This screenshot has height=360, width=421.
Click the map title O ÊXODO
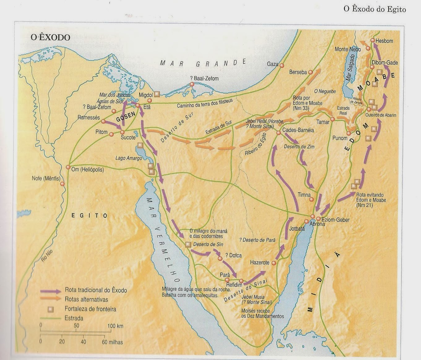pos(50,37)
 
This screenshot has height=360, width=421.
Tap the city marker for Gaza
pos(281,65)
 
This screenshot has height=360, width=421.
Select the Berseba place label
pos(298,72)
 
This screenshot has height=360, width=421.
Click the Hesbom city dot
pos(372,41)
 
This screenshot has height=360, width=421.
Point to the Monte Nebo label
pos(348,49)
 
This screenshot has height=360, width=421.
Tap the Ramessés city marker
pos(103,122)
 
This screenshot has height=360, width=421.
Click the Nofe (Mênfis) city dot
pos(62,184)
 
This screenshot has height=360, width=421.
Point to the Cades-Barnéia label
pos(298,130)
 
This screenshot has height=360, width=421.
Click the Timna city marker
pos(311,199)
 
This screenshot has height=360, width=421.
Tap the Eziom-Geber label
pos(336,220)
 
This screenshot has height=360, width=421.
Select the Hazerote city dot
pos(274,263)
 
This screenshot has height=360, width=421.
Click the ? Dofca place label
pos(234,255)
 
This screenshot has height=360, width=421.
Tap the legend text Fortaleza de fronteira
pos(90,309)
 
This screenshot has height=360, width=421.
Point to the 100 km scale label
pos(115,326)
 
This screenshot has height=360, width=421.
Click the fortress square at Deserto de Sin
pos(187,244)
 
